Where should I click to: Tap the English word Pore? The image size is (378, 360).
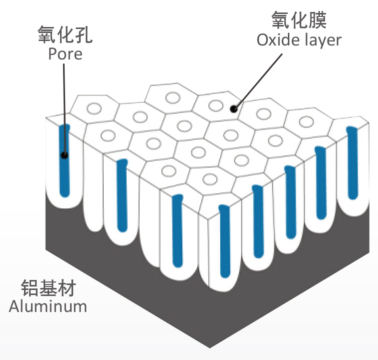point(65,53)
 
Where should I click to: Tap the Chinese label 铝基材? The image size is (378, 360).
point(48,288)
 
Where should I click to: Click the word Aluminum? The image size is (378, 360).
point(48,306)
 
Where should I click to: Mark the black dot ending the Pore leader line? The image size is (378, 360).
point(64,155)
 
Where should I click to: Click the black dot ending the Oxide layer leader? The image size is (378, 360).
point(233,108)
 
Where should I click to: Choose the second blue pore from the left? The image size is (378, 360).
point(121,195)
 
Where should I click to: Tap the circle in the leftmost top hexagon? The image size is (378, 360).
point(94,108)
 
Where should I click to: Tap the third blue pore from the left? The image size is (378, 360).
point(177,230)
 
